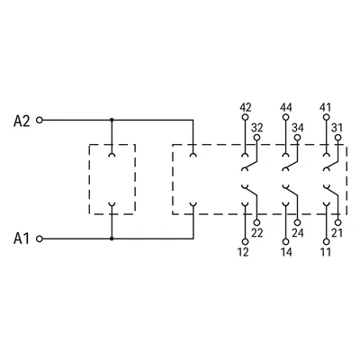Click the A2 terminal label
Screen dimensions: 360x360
[22, 121]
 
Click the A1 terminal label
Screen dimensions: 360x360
[22, 238]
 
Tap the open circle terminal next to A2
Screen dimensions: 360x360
[40, 121]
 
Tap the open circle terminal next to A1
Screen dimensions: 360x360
[40, 238]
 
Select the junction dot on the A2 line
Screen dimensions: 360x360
[112, 120]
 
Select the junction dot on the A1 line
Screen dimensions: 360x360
[112, 238]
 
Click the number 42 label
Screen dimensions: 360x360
[246, 107]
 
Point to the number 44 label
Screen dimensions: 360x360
[286, 107]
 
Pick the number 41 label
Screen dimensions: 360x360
[326, 107]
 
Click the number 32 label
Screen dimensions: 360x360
[257, 128]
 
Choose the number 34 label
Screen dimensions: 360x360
[298, 128]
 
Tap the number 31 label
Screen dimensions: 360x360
[337, 128]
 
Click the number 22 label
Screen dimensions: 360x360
[257, 233]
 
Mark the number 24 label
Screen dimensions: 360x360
[298, 233]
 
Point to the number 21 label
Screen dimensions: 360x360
[337, 233]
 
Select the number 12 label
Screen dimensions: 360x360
[243, 252]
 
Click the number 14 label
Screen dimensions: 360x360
[286, 252]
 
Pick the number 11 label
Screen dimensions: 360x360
[326, 252]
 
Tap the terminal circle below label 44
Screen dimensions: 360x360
[285, 117]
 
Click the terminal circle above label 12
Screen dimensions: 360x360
[245, 242]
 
